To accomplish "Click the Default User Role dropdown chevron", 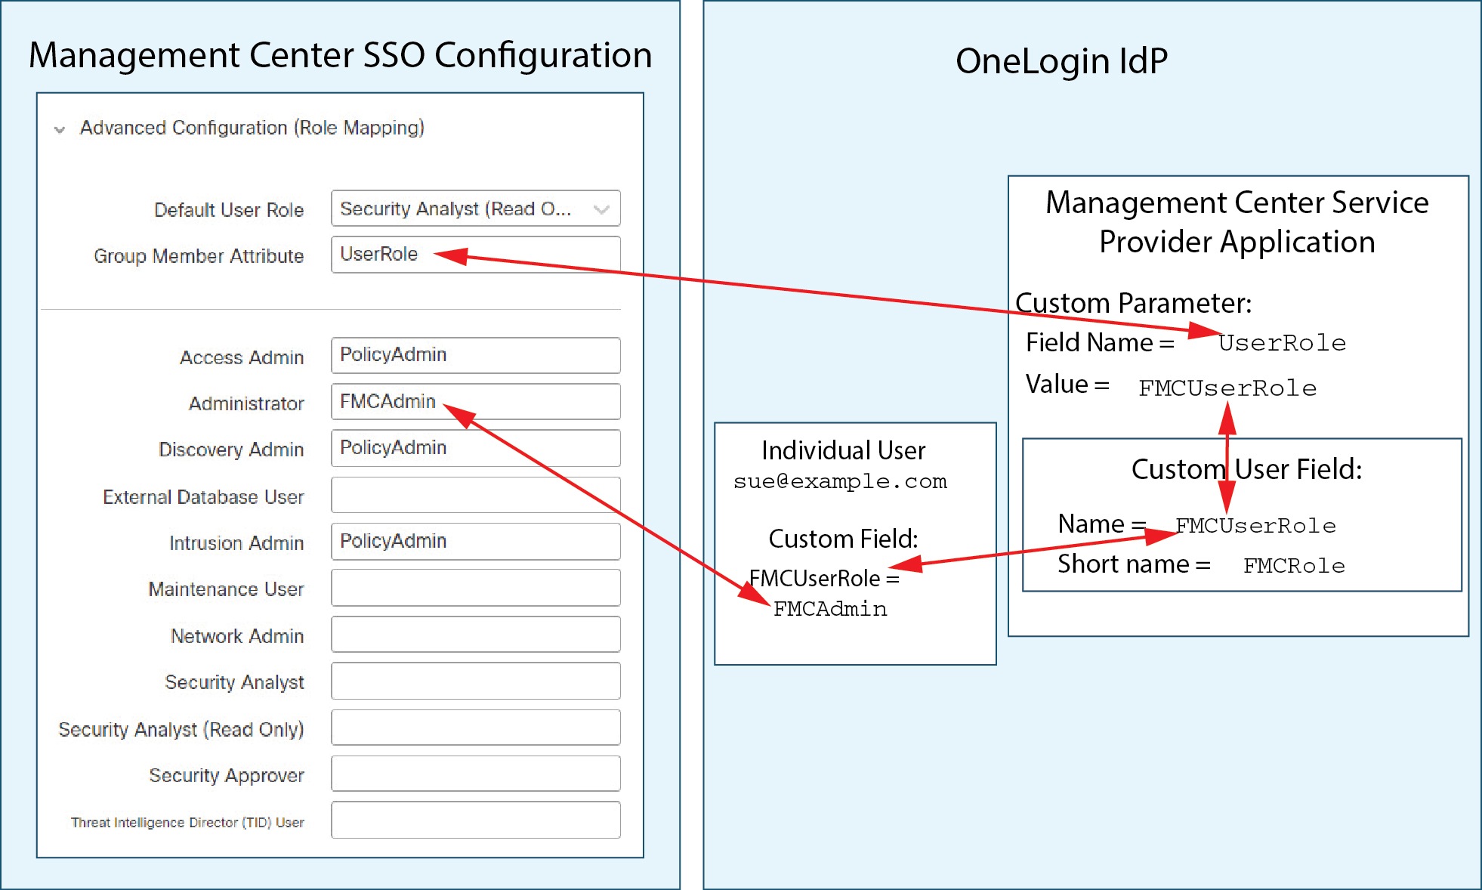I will (601, 209).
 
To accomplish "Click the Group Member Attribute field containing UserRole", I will (475, 255).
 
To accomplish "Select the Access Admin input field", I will (475, 355).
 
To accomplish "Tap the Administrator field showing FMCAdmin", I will (475, 401).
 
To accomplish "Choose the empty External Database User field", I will (475, 495).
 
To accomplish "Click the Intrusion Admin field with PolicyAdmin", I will (475, 541).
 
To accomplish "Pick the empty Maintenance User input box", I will (475, 588).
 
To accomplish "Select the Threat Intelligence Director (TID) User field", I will (475, 820).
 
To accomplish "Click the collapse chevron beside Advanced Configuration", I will (59, 129).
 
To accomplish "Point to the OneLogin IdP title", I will (1061, 61).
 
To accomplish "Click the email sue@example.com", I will (839, 481).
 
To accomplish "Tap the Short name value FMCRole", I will (1293, 566).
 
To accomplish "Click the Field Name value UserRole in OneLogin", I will (1282, 343).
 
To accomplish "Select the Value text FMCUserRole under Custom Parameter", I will (1227, 388).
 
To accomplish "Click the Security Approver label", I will (226, 775).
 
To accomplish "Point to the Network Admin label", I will (236, 636).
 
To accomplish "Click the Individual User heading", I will (842, 450).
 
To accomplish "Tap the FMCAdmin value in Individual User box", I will (829, 609).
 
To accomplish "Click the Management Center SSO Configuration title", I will (340, 55).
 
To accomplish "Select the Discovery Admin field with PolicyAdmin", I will (475, 448).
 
